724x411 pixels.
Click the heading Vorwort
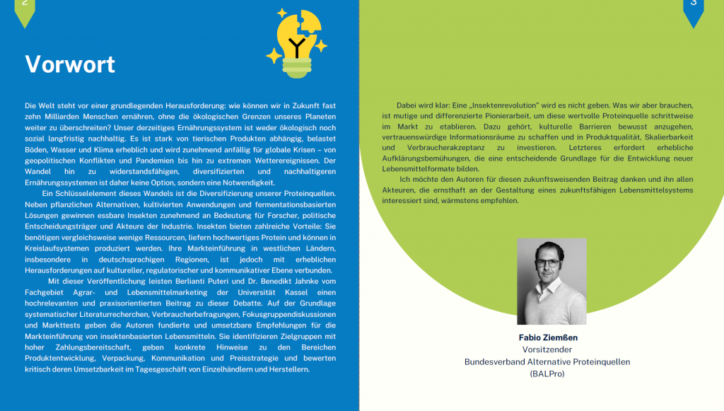point(70,64)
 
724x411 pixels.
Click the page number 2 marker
point(25,6)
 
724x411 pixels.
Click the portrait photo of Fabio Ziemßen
point(551,281)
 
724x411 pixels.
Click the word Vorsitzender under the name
point(547,349)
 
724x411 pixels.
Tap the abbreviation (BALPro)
point(547,374)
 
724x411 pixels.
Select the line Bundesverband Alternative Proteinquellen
point(547,361)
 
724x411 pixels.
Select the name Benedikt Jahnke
point(272,282)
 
